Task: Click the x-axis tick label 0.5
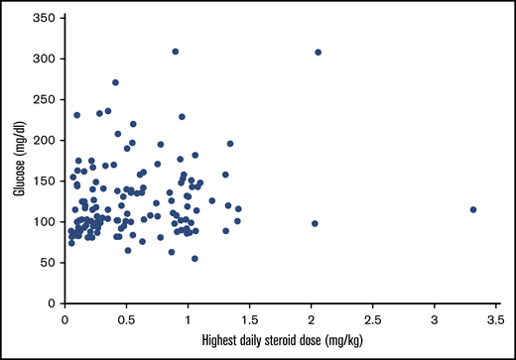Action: point(126,319)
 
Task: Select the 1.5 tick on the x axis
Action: point(249,319)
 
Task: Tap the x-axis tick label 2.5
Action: point(372,319)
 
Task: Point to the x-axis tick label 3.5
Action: point(495,319)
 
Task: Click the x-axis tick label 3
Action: point(434,319)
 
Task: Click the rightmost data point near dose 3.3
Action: point(473,209)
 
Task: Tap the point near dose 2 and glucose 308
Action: point(319,53)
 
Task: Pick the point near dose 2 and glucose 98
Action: point(315,223)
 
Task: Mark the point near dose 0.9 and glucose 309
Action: point(176,52)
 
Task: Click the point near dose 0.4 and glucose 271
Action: point(115,82)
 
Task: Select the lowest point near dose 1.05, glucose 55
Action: point(194,258)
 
